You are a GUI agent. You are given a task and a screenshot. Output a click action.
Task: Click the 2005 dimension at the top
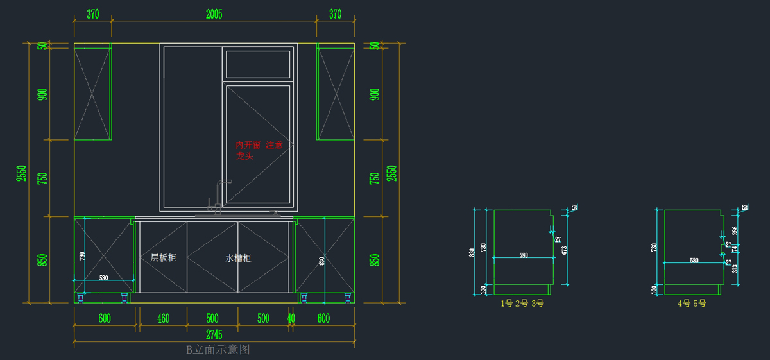click(214, 14)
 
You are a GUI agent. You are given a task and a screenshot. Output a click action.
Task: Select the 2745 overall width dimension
click(214, 334)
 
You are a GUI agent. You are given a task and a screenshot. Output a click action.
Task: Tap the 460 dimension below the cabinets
click(164, 318)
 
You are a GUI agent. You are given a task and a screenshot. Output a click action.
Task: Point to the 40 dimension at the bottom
click(291, 318)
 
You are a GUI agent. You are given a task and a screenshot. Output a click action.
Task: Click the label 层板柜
click(163, 258)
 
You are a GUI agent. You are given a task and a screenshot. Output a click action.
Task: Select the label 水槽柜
click(238, 258)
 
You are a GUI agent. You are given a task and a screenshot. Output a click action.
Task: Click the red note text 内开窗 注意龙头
click(259, 150)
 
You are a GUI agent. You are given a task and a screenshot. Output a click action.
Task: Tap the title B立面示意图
click(218, 350)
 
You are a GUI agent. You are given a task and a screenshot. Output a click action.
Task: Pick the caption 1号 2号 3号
click(522, 304)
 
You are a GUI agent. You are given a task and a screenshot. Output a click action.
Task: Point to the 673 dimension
click(565, 250)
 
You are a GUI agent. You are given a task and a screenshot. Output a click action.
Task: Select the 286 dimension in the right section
click(735, 230)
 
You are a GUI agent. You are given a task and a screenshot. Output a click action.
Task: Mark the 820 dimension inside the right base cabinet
click(321, 261)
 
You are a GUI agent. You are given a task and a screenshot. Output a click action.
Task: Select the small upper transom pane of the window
click(258, 64)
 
